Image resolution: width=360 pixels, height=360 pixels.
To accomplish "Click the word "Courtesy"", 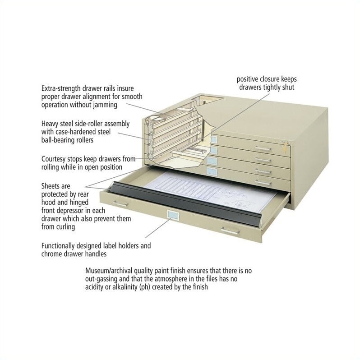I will [55, 159].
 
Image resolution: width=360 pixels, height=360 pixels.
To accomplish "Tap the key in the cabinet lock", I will [285, 145].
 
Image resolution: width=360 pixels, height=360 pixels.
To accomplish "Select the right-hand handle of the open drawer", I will [231, 231].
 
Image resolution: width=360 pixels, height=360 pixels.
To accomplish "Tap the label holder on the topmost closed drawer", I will [214, 139].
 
